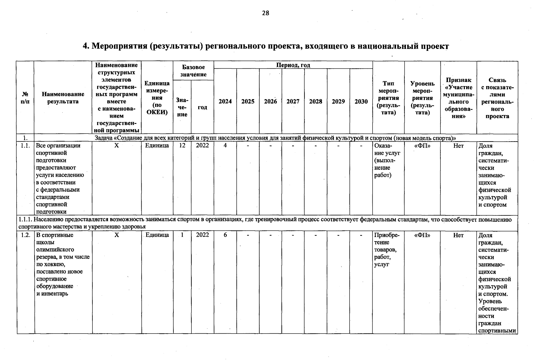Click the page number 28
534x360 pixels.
point(265,13)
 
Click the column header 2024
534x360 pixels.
point(225,101)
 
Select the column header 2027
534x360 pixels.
point(293,101)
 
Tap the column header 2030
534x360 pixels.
point(361,101)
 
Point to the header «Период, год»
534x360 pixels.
point(293,65)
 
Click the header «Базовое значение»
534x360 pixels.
point(193,71)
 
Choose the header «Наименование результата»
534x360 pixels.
point(63,98)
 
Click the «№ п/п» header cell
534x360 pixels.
point(25,98)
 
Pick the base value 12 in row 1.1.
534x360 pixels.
point(182,145)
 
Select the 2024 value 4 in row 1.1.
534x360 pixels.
point(225,145)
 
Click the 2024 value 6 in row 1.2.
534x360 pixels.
point(225,235)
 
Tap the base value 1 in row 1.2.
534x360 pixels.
point(182,235)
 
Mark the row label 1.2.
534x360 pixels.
point(25,235)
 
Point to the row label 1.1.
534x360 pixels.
point(25,145)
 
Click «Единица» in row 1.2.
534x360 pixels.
point(157,235)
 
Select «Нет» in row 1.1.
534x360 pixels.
point(458,146)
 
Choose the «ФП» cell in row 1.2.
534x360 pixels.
point(422,235)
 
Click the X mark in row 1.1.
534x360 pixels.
point(117,145)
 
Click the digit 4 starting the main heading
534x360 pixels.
point(85,46)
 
